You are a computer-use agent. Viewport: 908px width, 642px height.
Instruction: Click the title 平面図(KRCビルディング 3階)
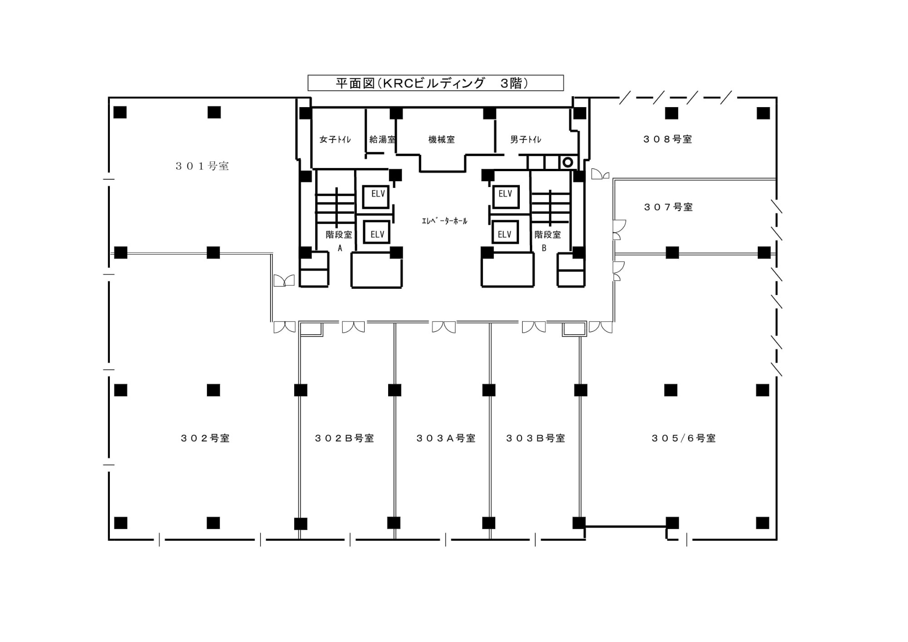(x=432, y=84)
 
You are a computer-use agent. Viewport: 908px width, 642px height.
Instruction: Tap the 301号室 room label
(x=202, y=166)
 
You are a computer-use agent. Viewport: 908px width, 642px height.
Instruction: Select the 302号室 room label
(x=205, y=438)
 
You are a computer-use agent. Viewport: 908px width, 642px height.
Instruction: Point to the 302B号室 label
(x=345, y=438)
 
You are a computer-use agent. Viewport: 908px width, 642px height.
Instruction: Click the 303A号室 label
(x=446, y=438)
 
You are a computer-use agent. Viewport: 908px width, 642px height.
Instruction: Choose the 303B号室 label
(x=536, y=438)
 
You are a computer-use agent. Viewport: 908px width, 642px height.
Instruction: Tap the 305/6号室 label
(x=684, y=438)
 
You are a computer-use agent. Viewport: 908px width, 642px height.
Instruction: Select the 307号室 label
(x=668, y=207)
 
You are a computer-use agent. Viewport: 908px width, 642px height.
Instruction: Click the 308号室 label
(x=668, y=139)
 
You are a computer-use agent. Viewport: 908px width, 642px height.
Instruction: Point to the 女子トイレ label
(x=335, y=139)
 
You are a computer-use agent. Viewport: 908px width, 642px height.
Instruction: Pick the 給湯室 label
(x=382, y=139)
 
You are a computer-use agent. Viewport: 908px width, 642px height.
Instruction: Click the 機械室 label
(x=442, y=139)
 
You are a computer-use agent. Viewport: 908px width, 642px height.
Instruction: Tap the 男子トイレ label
(x=526, y=139)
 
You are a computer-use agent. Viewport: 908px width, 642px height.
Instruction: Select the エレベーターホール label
(x=444, y=221)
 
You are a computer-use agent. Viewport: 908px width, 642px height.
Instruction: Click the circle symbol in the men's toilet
(x=567, y=162)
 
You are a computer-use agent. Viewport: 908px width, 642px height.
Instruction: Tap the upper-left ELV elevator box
(x=377, y=197)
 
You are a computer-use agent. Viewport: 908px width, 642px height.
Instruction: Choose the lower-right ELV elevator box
(x=505, y=232)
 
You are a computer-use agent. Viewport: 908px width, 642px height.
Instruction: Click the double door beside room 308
(x=600, y=174)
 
